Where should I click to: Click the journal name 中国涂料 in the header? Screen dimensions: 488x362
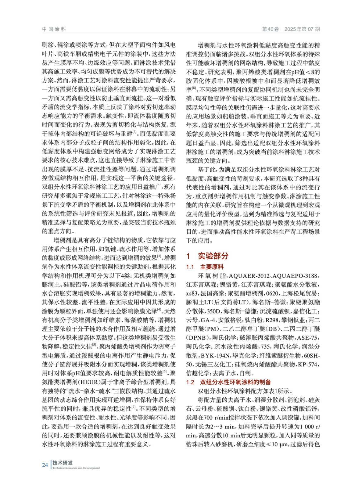pos(54,29)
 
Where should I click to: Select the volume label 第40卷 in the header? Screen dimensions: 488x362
pos(271,29)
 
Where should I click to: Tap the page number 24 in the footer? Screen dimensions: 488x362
pos(45,465)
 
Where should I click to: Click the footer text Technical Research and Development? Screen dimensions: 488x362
pos(76,468)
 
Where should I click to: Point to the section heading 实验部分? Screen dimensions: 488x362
pos(213,256)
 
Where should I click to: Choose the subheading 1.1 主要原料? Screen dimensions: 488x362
pos(205,267)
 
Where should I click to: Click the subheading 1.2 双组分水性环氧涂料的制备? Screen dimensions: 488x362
pos(228,382)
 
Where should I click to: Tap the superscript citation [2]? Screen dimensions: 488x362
pos(134,132)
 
